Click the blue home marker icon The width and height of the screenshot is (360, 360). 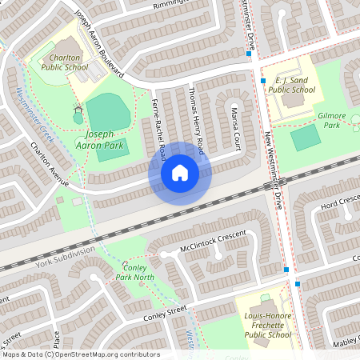(180, 172)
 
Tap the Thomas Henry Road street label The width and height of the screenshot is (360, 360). (197, 120)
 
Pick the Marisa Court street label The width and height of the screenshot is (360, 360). (236, 118)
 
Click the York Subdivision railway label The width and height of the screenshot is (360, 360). (65, 254)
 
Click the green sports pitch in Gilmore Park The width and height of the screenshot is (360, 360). (305, 138)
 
